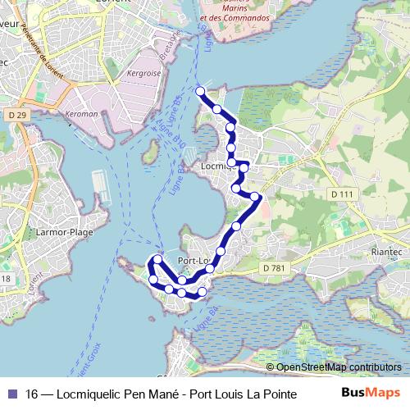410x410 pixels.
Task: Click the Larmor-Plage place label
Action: [x=64, y=232]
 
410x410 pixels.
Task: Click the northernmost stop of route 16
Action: [x=200, y=90]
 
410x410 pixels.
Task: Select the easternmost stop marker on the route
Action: [x=256, y=197]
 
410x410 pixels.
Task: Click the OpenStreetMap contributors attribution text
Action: [x=339, y=367]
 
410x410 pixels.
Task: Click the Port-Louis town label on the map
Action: [x=194, y=262]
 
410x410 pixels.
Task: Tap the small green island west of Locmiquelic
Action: [x=150, y=153]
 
